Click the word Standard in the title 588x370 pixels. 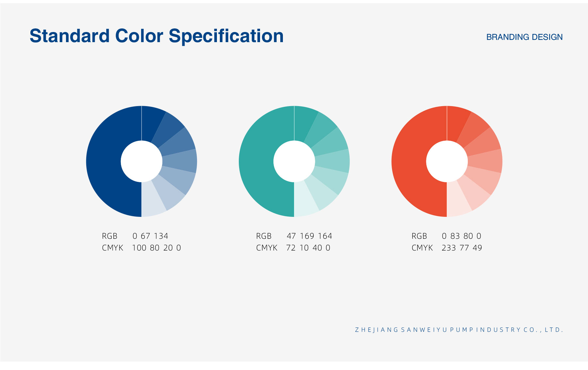pyautogui.click(x=70, y=36)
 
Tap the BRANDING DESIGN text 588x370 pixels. pyautogui.click(x=524, y=37)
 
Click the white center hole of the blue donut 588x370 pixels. pyautogui.click(x=141, y=161)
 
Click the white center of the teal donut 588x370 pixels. pyautogui.click(x=294, y=161)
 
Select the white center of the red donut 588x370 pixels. pyautogui.click(x=447, y=161)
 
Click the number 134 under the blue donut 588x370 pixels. pyautogui.click(x=161, y=236)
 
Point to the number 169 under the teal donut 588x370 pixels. pyautogui.click(x=307, y=236)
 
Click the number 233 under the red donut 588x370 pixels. pyautogui.click(x=449, y=248)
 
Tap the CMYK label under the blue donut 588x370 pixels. pyautogui.click(x=112, y=248)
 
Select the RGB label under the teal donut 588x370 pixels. pyautogui.click(x=264, y=236)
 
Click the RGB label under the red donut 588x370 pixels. pyautogui.click(x=419, y=236)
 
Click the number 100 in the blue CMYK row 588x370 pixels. pyautogui.click(x=139, y=248)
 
